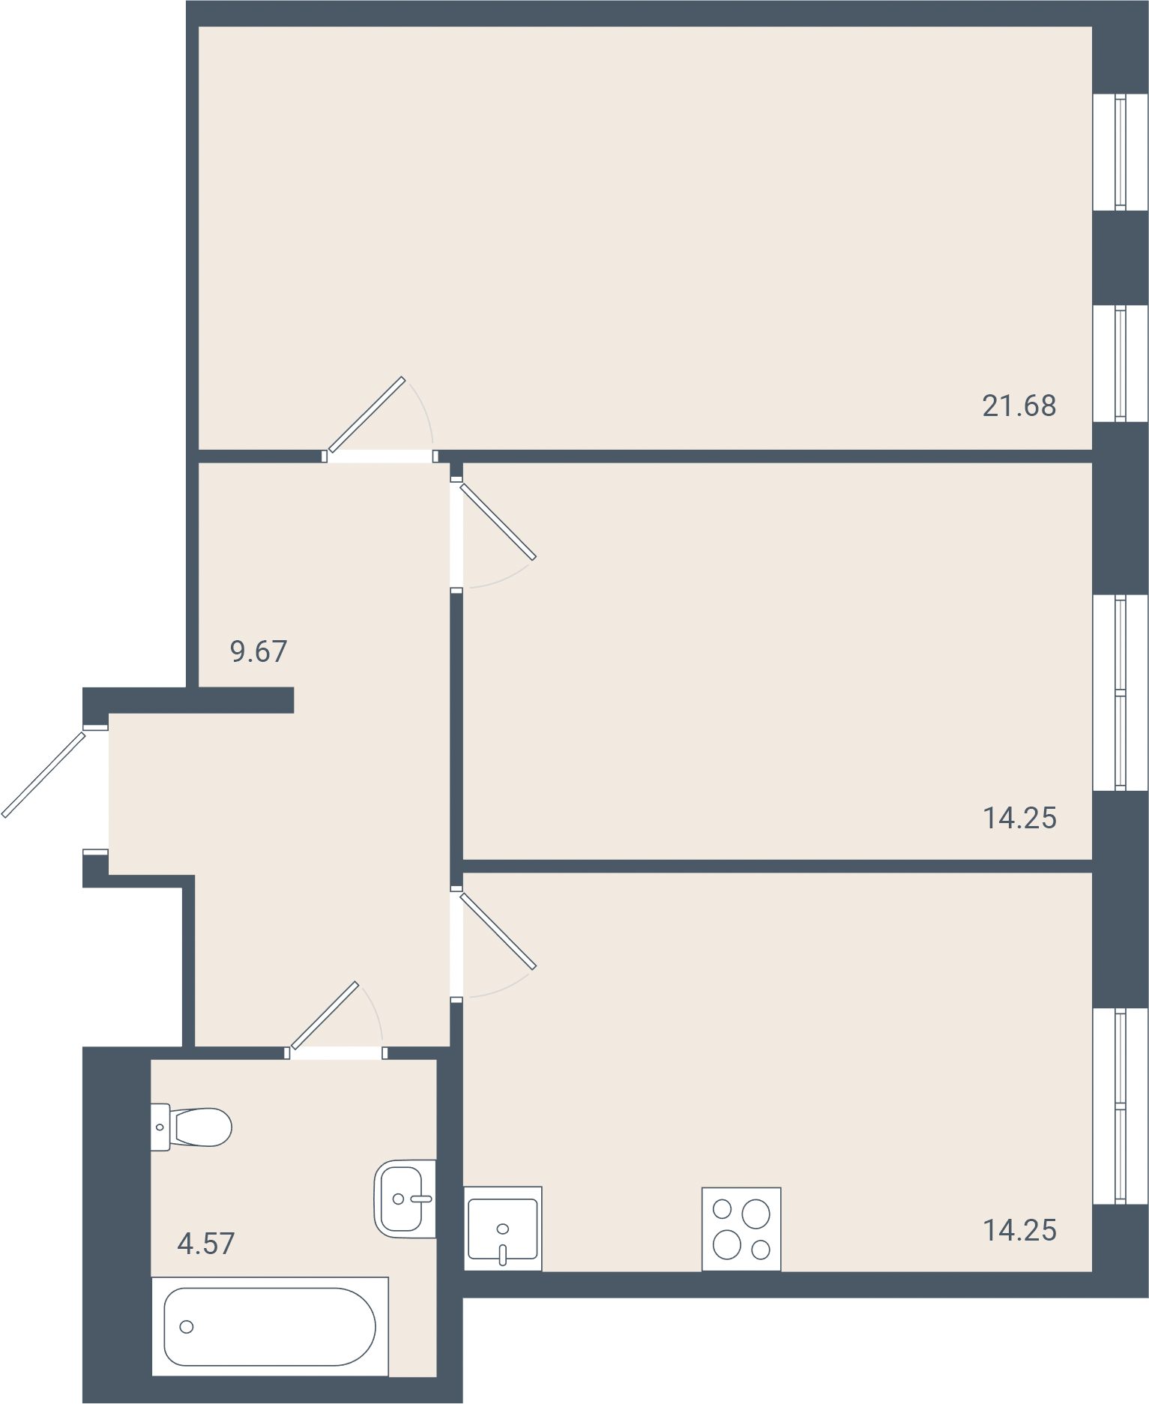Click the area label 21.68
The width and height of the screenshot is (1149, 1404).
pos(1019,406)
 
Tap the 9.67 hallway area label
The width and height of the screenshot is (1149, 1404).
pos(259,651)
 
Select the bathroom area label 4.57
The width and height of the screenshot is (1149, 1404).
pos(206,1244)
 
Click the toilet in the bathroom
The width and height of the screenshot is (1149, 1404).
pos(191,1127)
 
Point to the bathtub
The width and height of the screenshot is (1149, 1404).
pos(270,1326)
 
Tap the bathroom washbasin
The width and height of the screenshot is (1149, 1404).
pos(405,1199)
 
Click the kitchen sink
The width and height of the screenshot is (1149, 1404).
pos(502,1229)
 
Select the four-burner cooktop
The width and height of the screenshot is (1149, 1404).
pos(741,1229)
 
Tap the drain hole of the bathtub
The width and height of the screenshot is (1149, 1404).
pos(187,1327)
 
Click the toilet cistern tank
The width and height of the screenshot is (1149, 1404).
pos(160,1127)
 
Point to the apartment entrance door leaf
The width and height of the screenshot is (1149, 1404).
pos(43,774)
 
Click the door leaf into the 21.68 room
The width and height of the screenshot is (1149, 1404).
pos(367,415)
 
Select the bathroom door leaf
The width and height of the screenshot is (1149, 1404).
pos(325,1015)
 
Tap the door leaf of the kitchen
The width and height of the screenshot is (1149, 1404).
pos(498,931)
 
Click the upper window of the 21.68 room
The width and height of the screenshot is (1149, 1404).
pos(1121,152)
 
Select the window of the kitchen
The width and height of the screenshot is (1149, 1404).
pos(1121,1106)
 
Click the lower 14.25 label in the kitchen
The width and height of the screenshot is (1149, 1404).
pos(1019,1230)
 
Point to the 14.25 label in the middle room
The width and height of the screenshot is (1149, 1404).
pos(1019,818)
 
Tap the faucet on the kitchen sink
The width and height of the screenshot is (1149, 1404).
pos(502,1249)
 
